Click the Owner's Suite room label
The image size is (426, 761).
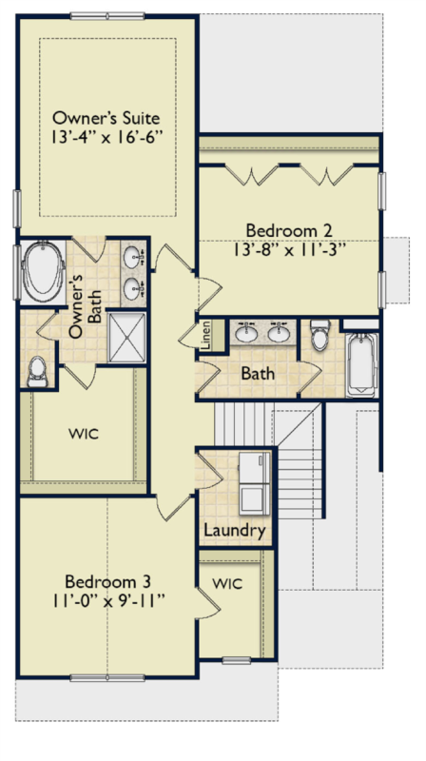(106, 118)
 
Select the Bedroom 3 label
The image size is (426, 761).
(107, 581)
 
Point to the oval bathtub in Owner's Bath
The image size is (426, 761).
(43, 272)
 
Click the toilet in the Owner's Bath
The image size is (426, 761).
(37, 372)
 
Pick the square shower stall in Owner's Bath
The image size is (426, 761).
(126, 338)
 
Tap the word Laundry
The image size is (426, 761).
(234, 530)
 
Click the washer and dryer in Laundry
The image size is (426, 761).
(255, 484)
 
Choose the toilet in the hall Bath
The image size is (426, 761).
(320, 334)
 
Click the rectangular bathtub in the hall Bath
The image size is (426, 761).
(362, 364)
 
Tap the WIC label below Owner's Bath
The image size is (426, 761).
(84, 433)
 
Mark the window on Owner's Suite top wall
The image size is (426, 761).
(107, 16)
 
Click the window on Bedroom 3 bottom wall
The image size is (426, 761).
(107, 677)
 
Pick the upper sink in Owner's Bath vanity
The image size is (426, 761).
(131, 257)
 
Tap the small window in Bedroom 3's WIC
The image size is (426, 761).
(236, 660)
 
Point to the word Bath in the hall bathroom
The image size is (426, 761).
(258, 373)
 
